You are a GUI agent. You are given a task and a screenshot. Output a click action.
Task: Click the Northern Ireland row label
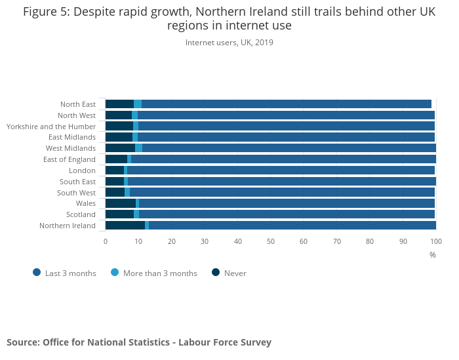click(x=68, y=226)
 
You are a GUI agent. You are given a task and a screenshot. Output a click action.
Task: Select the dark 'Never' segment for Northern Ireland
click(x=125, y=226)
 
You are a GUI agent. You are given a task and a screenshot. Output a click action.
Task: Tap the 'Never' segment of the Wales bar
click(x=120, y=203)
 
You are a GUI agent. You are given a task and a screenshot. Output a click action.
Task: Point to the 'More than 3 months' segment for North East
click(x=138, y=104)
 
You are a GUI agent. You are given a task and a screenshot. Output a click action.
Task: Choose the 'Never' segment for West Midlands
click(x=120, y=148)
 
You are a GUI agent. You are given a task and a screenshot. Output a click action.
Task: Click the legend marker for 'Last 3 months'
click(x=37, y=273)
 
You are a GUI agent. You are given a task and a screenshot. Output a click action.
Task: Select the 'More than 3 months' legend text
click(x=160, y=273)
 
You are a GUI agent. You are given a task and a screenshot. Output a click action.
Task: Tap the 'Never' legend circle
click(x=216, y=273)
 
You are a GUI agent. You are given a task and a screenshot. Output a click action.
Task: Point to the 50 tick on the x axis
click(x=271, y=241)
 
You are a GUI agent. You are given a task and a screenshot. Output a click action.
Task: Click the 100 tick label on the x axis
click(x=435, y=241)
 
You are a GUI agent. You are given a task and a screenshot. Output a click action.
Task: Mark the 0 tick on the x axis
click(x=106, y=241)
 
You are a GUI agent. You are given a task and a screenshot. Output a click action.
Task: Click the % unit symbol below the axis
click(x=433, y=255)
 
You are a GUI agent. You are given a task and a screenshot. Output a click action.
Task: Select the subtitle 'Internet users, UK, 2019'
click(x=229, y=43)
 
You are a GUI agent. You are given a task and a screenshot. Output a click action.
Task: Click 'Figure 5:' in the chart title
click(x=46, y=12)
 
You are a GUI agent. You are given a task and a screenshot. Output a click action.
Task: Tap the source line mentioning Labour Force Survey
click(x=139, y=342)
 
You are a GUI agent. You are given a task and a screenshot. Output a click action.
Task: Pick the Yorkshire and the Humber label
click(x=51, y=126)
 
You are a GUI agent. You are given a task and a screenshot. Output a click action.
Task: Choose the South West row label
click(x=76, y=193)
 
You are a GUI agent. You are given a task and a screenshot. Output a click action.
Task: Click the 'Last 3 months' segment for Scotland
click(x=286, y=214)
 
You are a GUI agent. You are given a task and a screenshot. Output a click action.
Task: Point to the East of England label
click(x=70, y=159)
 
